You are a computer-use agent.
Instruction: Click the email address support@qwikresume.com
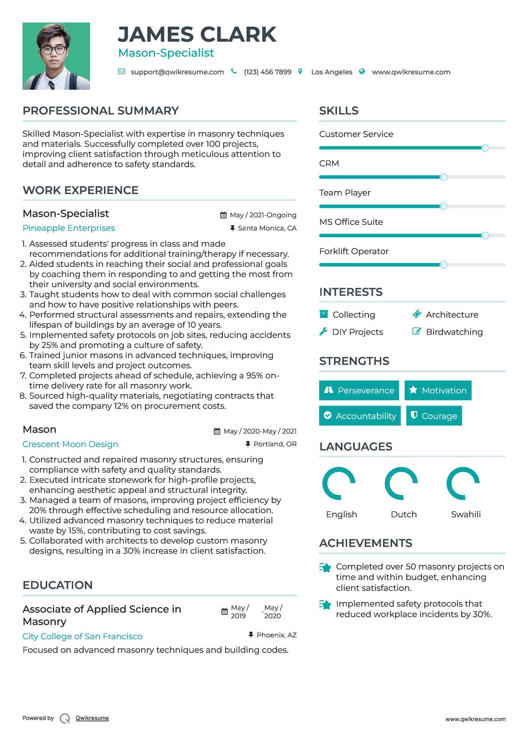177,72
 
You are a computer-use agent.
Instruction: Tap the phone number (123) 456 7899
268,72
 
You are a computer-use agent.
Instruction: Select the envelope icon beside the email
122,72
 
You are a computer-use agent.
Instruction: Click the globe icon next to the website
362,72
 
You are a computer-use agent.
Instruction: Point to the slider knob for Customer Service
485,148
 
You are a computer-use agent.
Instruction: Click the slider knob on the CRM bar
443,177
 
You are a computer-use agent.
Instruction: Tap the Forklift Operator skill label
354,252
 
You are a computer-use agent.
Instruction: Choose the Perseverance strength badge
359,390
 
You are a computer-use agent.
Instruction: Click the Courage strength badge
434,416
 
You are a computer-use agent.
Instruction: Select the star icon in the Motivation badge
413,390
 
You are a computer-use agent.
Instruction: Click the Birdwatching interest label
454,332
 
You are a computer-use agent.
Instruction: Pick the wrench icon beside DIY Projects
323,332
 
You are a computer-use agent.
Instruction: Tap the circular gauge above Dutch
401,483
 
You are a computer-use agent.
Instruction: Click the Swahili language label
466,515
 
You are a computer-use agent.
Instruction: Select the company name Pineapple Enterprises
69,228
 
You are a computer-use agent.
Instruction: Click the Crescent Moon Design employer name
70,444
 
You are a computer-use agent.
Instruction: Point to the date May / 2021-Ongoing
263,215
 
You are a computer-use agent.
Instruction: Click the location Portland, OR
275,444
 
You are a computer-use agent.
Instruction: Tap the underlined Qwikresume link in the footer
92,718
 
